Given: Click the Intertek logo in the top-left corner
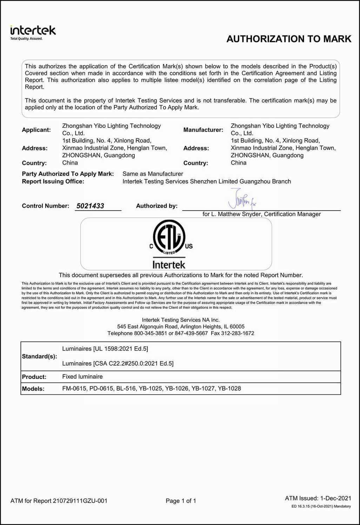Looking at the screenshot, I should [33, 32].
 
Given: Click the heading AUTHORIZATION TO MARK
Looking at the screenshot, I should [289, 39].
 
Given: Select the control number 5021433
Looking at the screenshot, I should [90, 206].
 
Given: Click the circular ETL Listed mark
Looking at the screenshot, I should [169, 237].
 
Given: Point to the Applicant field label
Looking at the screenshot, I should [36, 130].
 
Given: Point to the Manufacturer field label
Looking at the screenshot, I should [203, 130].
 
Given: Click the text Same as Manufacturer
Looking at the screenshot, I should [153, 174].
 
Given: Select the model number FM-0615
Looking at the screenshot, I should [74, 388].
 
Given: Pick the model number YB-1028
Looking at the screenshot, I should [229, 388].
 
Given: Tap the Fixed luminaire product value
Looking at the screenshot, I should [82, 377].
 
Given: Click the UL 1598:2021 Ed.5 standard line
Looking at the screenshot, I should [105, 349].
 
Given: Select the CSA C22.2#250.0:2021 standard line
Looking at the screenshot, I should [118, 364].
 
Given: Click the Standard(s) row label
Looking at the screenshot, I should [39, 357].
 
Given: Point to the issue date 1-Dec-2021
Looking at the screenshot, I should [335, 498].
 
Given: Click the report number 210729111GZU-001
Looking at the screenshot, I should [80, 501].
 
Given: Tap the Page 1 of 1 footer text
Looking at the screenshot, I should [181, 501].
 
